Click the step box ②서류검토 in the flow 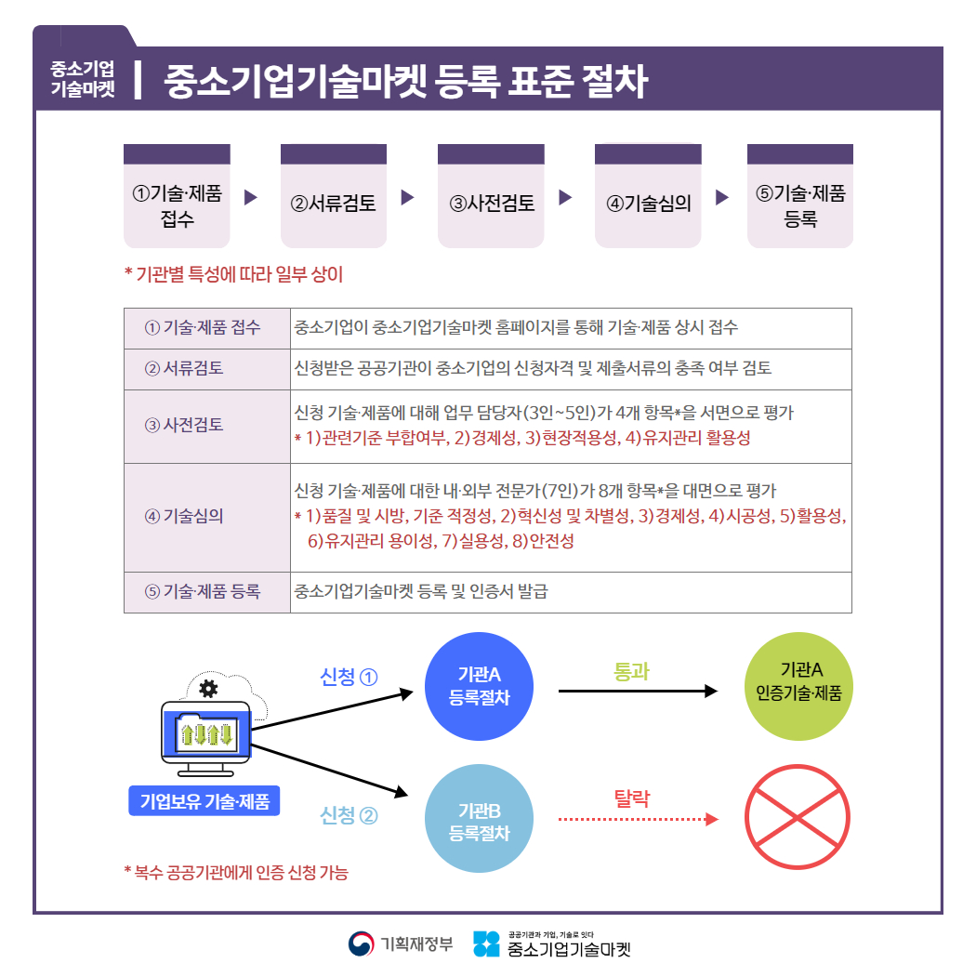point(334,196)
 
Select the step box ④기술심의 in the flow point(648,196)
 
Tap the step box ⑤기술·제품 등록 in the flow point(799,196)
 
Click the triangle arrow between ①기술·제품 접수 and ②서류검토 point(251,197)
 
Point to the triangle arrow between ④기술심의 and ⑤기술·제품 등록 point(722,197)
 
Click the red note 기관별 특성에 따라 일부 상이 point(234,274)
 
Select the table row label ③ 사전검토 point(184,425)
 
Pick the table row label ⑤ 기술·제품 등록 point(203,591)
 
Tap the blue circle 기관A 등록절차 point(479,687)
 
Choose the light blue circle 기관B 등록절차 point(479,819)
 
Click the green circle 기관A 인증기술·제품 point(798,687)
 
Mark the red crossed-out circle point(798,817)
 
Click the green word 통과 point(631,671)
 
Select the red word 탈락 point(632,798)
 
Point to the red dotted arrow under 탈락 point(639,819)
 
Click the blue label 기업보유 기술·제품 point(204,801)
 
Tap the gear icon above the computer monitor point(208,689)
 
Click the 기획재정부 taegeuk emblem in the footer point(361,943)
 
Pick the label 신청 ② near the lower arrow point(349,815)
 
